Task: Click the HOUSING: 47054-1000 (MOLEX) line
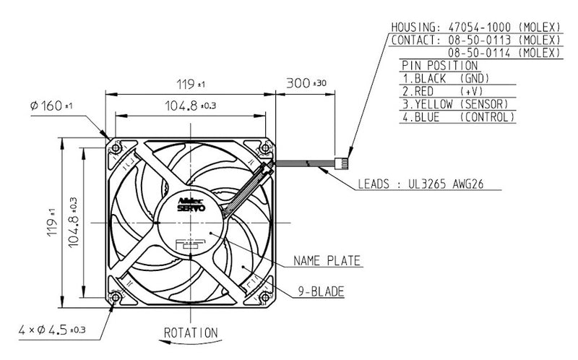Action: click(475, 27)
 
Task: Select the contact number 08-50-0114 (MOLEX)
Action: click(504, 53)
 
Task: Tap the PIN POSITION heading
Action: click(441, 65)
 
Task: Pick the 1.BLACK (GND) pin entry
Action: click(447, 77)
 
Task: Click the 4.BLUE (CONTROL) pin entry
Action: click(459, 116)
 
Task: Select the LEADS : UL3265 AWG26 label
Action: click(420, 184)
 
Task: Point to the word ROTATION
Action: click(190, 333)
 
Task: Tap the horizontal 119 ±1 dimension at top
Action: click(189, 83)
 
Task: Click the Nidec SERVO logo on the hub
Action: click(191, 202)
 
